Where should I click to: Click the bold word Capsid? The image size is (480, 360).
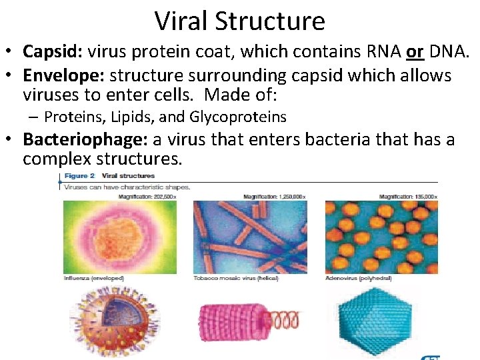point(49,51)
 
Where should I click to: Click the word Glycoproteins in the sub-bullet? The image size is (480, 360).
point(238,117)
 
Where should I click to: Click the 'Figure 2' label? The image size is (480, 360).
point(80,176)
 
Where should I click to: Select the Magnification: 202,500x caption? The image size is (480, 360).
point(147,197)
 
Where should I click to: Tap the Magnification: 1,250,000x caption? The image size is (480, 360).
point(275,197)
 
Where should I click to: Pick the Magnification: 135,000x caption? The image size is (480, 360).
point(407,197)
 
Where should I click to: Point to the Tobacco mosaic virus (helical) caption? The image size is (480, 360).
point(236,278)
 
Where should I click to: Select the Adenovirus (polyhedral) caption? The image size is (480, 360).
point(358,278)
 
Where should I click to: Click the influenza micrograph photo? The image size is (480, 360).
point(119,237)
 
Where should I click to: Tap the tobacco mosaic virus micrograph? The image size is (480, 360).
point(250,237)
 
